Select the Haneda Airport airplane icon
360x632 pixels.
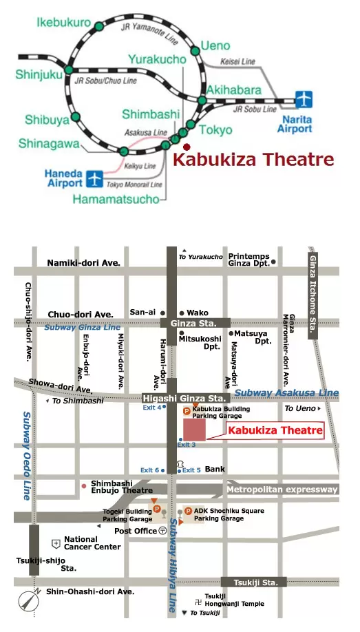point(94,180)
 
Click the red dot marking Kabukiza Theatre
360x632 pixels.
point(185,146)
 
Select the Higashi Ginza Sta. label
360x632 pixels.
point(184,398)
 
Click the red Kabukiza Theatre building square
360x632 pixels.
point(194,428)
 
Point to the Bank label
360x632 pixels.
point(215,469)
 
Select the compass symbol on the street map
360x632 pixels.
point(28,601)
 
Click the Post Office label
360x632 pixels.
point(136,531)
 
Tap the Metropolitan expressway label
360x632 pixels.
point(282,489)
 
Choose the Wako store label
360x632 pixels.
point(198,312)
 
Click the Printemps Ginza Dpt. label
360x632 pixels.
point(248,260)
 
